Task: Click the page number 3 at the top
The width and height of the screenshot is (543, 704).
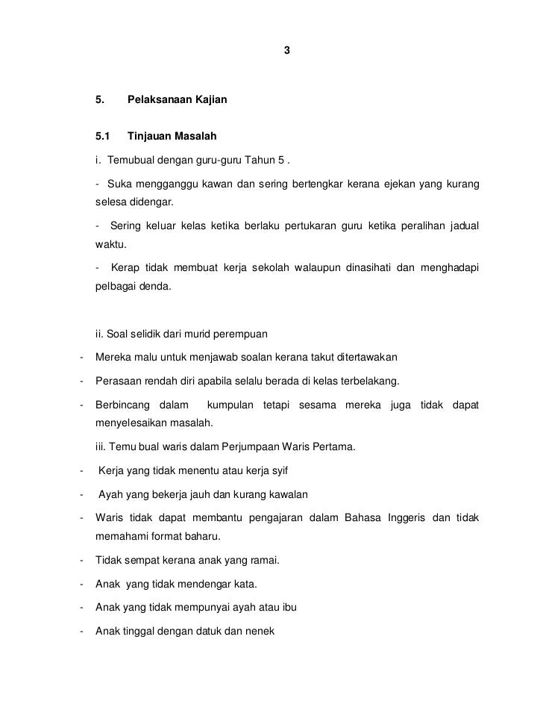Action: click(x=287, y=51)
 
